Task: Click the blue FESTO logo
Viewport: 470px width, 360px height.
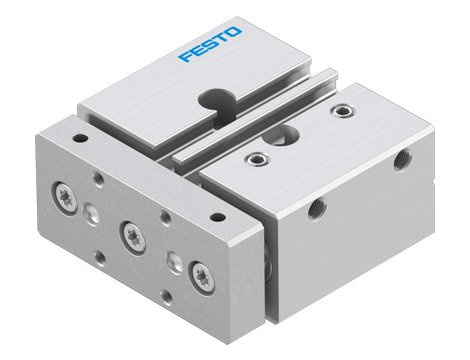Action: [x=209, y=49]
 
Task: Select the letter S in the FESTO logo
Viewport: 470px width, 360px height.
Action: [x=209, y=49]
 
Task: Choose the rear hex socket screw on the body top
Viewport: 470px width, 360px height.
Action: [x=346, y=110]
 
